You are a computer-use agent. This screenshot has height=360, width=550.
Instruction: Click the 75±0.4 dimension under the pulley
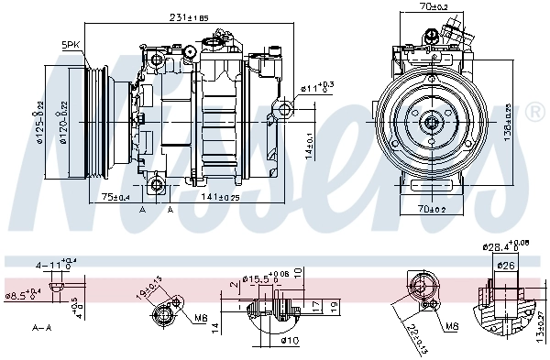pos(115,197)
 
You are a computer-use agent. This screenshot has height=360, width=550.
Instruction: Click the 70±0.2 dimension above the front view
pos(431,7)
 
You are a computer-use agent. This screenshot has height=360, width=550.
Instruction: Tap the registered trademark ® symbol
pos(534,114)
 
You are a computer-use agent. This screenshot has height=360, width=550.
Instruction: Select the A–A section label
pos(41,327)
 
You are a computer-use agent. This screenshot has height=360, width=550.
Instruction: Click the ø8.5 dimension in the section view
pos(22,295)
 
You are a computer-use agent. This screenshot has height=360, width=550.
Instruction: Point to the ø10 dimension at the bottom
pos(291,340)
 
